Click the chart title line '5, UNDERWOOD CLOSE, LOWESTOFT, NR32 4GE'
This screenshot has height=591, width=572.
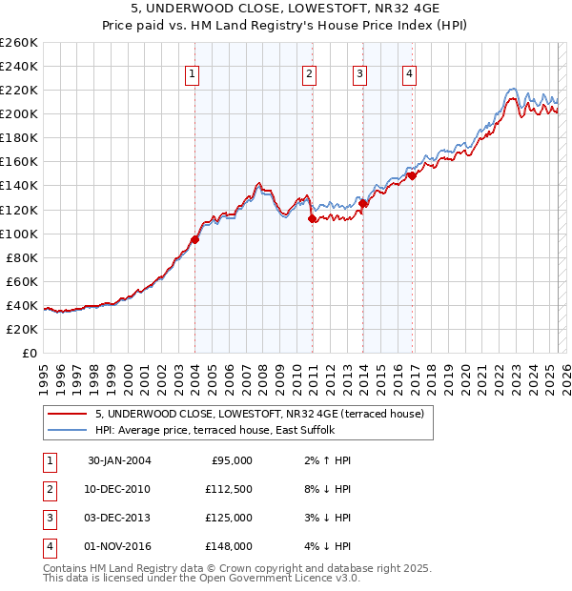point(286,10)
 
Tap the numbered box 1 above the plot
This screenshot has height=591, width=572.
point(192,75)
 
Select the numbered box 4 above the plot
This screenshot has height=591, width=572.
point(408,75)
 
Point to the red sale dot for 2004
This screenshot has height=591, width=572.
point(194,239)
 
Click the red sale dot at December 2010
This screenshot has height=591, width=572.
point(312,218)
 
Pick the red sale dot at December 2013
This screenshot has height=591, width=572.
point(363,203)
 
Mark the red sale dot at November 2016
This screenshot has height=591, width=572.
point(412,175)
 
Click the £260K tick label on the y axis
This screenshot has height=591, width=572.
point(18,42)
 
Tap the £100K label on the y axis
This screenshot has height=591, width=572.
point(18,234)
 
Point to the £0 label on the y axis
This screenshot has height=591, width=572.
point(29,353)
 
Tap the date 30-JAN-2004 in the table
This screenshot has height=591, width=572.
point(119,460)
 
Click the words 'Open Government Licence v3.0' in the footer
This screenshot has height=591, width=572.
point(282,578)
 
